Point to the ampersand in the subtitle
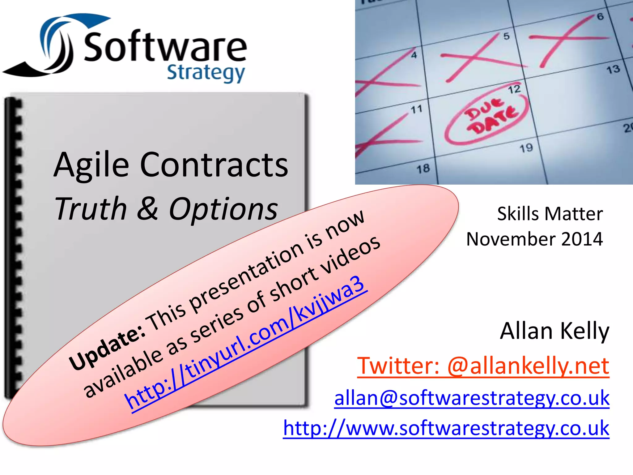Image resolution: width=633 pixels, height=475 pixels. coord(147,208)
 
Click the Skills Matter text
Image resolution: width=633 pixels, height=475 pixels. coord(550,214)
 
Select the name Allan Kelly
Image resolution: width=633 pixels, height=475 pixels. coord(554,331)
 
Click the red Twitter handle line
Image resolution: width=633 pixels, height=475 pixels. coord(483,366)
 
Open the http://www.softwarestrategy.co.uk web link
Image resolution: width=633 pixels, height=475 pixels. coord(446,428)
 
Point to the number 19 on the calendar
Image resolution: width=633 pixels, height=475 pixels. coord(526,148)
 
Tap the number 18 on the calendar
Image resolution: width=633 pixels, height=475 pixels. coord(423,169)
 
